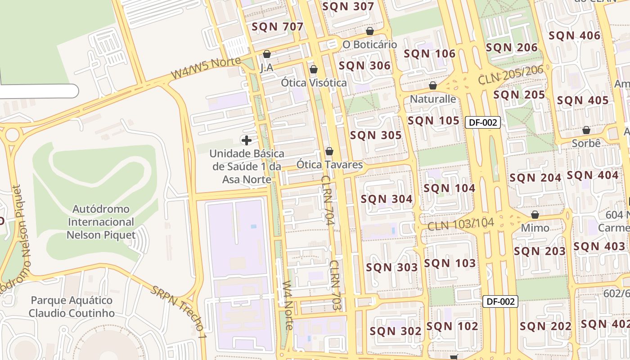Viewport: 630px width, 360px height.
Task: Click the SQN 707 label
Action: click(278, 27)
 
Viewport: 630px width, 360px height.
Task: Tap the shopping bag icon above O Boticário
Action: click(370, 31)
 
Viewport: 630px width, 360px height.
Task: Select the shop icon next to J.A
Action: click(267, 54)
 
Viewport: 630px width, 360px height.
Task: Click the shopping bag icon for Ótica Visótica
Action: click(314, 69)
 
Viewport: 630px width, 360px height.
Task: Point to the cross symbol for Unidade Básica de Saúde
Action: click(247, 140)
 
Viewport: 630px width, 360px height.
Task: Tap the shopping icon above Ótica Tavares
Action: click(329, 151)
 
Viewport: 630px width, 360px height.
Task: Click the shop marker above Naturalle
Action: click(433, 85)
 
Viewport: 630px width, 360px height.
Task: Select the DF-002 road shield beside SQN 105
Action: click(483, 122)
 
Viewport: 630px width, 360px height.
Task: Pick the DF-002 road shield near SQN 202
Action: click(500, 301)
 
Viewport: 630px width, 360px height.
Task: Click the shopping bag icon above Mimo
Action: click(535, 215)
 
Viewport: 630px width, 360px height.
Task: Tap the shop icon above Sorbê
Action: click(586, 130)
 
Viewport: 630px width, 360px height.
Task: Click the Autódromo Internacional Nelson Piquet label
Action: click(101, 222)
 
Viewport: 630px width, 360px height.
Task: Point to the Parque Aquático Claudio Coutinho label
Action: click(72, 306)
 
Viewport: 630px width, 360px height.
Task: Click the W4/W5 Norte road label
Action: click(206, 68)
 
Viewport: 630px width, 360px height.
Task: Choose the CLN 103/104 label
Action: click(461, 224)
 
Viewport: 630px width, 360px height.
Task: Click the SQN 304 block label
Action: click(387, 199)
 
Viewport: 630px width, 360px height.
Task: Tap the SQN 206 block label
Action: click(512, 47)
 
